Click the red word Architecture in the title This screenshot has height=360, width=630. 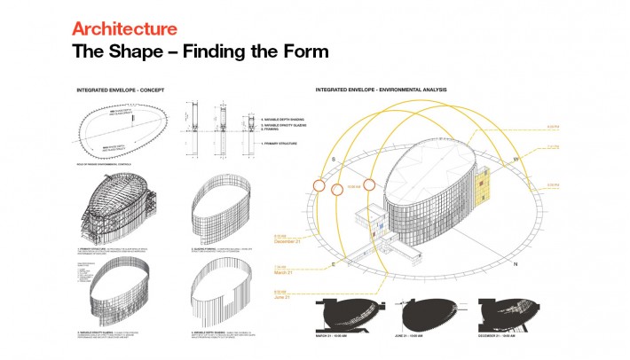[125, 29]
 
